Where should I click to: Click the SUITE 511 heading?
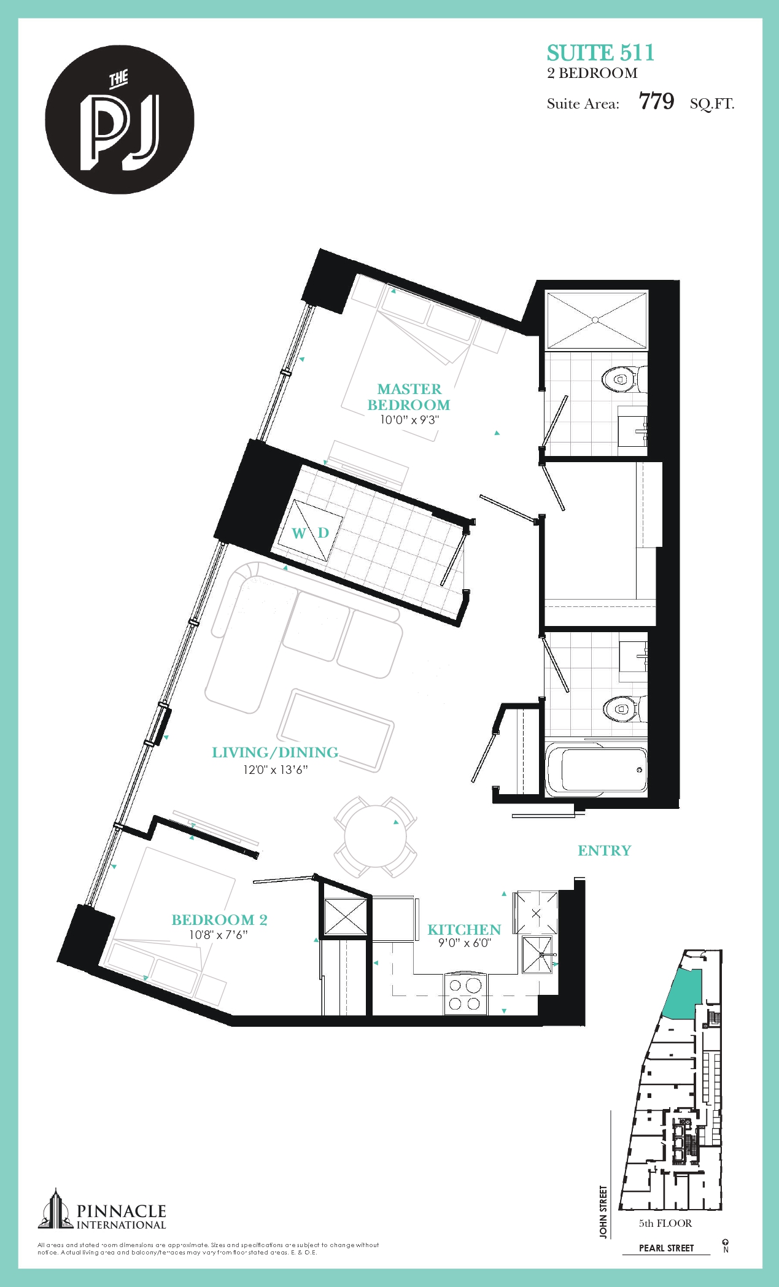(600, 53)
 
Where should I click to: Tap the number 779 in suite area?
(656, 102)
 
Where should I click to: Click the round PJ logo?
(120, 120)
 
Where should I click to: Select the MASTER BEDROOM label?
(409, 397)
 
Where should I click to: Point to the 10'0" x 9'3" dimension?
(409, 420)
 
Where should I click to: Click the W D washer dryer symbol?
(310, 532)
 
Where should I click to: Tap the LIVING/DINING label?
(275, 752)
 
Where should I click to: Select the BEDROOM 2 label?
(219, 919)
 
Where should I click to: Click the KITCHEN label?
(464, 929)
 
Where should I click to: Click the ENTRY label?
(604, 851)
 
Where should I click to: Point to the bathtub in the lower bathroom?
(595, 770)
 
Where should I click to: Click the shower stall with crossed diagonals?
(596, 320)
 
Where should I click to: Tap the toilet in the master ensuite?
(621, 379)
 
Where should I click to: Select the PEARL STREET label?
(666, 1248)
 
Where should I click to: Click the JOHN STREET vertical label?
(603, 1212)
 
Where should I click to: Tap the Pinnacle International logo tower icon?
(56, 1210)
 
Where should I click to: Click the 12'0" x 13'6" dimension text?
(275, 770)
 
